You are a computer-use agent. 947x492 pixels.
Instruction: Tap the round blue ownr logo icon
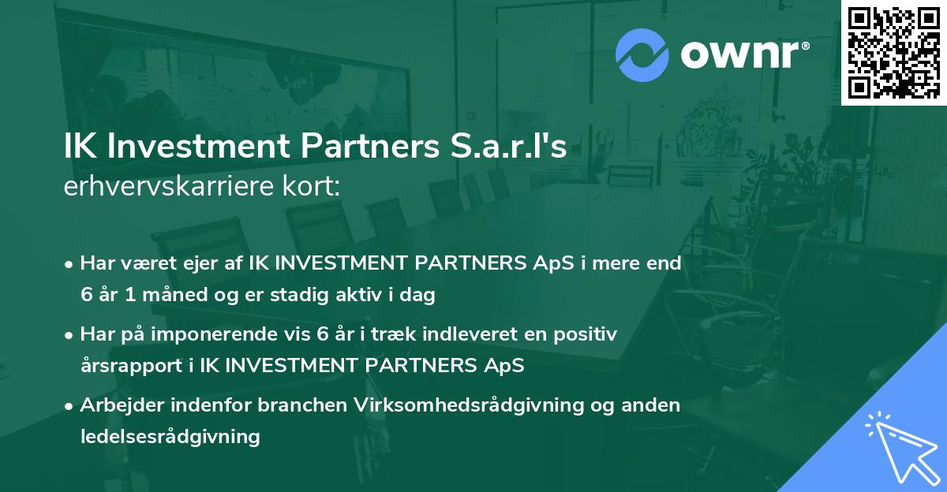tap(642, 55)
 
